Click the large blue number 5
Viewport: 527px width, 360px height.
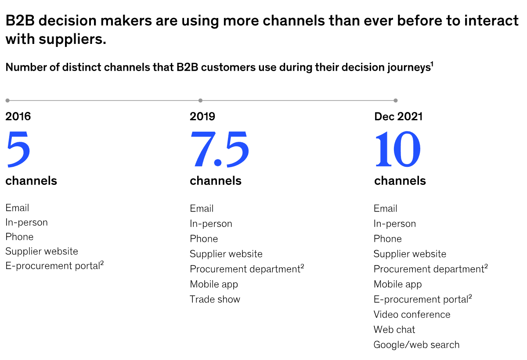(x=18, y=149)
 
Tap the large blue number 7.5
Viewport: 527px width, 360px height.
(x=219, y=149)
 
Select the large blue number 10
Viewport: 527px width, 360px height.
(x=397, y=149)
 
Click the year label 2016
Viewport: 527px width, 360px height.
(x=18, y=116)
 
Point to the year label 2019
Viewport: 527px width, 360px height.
(x=202, y=116)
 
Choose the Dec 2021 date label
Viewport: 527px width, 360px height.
(x=398, y=116)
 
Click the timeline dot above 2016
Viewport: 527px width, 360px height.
(x=7, y=101)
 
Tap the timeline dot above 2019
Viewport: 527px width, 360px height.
(x=200, y=101)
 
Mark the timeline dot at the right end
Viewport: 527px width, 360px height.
(x=396, y=101)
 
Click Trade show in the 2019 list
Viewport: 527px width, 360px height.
(x=215, y=299)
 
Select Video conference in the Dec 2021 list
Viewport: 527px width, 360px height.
(x=412, y=314)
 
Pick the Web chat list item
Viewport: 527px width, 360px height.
(x=394, y=329)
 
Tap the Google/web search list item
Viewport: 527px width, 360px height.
(x=416, y=345)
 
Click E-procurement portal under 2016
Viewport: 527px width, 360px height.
(x=54, y=266)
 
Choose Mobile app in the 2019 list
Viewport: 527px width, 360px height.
(x=214, y=284)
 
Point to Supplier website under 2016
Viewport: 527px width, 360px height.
(x=42, y=252)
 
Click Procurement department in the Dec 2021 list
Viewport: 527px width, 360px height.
(x=430, y=269)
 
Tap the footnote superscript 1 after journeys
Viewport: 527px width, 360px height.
(x=432, y=64)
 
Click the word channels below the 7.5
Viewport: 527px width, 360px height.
(x=216, y=181)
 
